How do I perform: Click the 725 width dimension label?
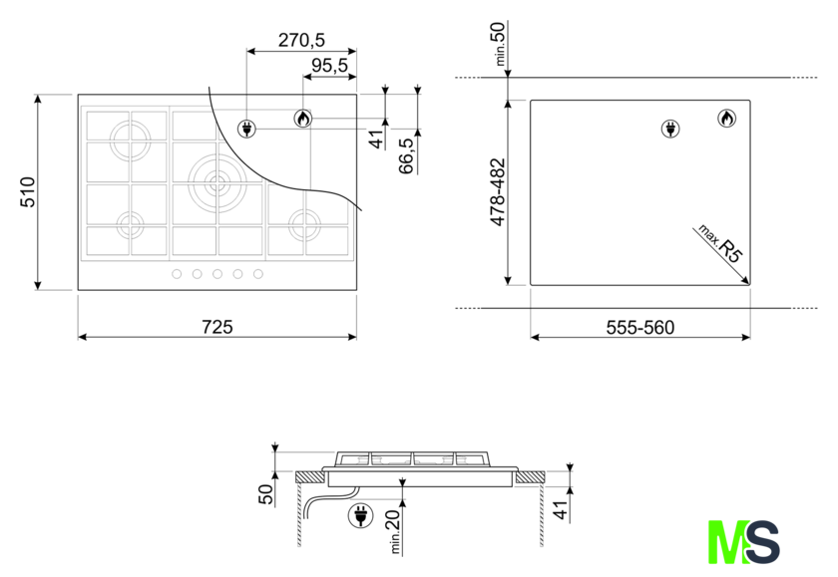(217, 327)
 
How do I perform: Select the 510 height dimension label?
(27, 191)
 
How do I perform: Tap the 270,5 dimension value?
(301, 40)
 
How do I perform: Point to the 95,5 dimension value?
(329, 66)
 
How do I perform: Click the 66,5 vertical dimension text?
(407, 155)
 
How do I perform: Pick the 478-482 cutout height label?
(498, 192)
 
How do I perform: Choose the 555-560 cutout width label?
(640, 327)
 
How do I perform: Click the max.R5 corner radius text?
(720, 243)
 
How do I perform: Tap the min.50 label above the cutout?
(498, 44)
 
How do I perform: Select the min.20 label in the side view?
(393, 531)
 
